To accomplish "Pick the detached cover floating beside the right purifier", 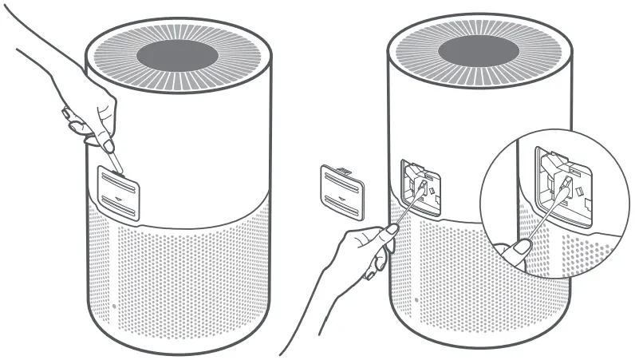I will tap(341, 191).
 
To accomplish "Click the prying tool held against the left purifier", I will tap(115, 160).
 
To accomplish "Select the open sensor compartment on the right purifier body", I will tap(421, 188).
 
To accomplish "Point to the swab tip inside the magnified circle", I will tap(567, 185).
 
